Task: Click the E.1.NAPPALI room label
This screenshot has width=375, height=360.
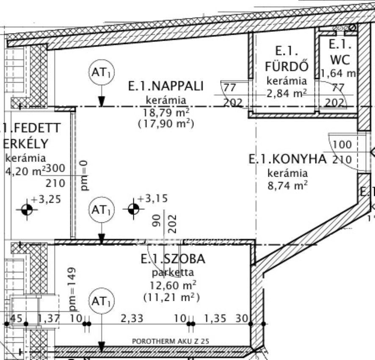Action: pos(166,86)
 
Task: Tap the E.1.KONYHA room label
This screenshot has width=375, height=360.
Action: pos(287,159)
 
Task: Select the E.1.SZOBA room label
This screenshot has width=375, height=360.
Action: pos(173,259)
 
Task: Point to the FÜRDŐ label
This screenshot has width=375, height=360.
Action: pos(287,66)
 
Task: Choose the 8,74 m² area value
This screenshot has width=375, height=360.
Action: pos(287,185)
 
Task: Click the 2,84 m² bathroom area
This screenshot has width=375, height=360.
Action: pos(287,94)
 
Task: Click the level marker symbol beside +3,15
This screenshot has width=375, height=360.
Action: pos(133,208)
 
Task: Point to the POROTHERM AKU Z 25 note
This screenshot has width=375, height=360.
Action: pos(171,341)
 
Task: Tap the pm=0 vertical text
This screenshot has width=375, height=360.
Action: pos(84,174)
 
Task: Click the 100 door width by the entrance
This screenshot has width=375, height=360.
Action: pos(342,145)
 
